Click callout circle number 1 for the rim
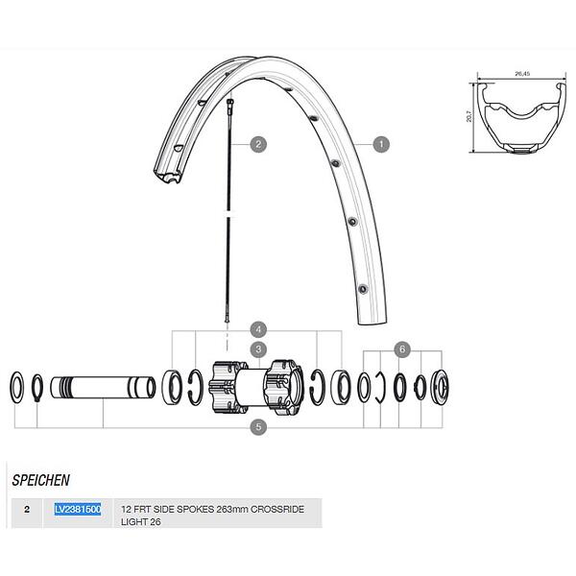381,144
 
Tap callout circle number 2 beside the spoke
258,144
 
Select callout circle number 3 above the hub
258,349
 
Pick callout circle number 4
258,329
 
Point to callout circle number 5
258,427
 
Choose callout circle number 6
402,349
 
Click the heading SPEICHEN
40,481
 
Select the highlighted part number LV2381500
78,510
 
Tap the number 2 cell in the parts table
27,510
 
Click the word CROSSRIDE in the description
277,510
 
